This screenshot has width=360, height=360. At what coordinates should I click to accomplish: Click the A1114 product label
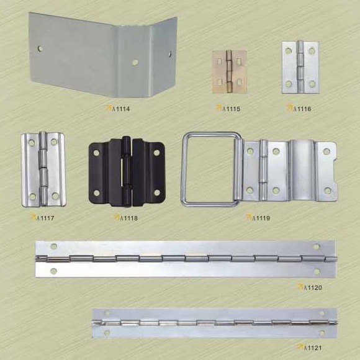[x=121, y=109]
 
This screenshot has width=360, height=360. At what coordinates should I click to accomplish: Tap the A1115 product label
[x=231, y=109]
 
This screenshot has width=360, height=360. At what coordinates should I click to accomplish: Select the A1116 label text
[x=302, y=109]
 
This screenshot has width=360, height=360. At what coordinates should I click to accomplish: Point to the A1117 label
[x=45, y=218]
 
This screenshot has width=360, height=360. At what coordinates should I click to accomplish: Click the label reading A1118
[x=129, y=218]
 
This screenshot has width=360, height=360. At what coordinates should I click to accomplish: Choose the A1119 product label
[x=261, y=218]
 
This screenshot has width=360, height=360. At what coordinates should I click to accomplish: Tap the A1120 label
[x=313, y=287]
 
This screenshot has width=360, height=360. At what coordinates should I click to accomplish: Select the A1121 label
[x=313, y=348]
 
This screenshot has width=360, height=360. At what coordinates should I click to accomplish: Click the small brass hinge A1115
[x=229, y=71]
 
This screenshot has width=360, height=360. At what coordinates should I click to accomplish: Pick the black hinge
[x=127, y=171]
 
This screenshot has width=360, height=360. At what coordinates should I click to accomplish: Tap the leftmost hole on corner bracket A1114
[x=40, y=48]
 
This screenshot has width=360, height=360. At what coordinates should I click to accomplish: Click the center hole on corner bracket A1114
[x=135, y=62]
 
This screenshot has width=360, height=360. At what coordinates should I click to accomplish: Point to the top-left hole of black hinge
[x=96, y=153]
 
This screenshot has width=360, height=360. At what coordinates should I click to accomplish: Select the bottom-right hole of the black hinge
[x=157, y=192]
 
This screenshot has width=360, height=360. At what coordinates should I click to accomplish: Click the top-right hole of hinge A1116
[x=312, y=51]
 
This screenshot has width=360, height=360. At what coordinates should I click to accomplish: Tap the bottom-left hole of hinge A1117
[x=33, y=197]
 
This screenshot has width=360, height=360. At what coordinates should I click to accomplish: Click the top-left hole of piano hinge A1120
[x=54, y=246]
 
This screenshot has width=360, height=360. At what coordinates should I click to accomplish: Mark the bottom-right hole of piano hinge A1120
[x=317, y=272]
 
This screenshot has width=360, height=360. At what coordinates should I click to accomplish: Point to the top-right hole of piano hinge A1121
[x=322, y=313]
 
